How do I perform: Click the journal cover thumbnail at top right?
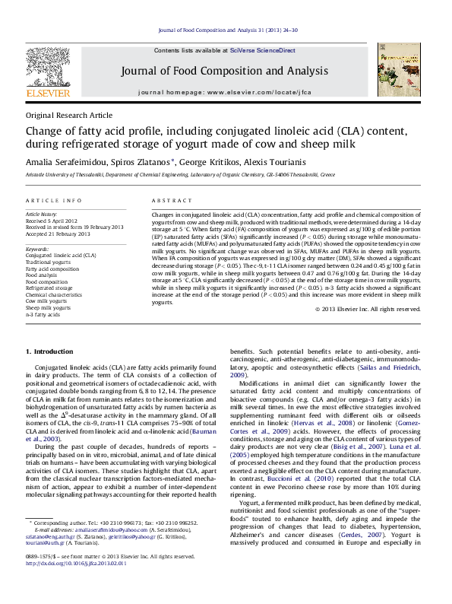tap(400, 72)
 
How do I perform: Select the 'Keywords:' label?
tap(39, 248)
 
